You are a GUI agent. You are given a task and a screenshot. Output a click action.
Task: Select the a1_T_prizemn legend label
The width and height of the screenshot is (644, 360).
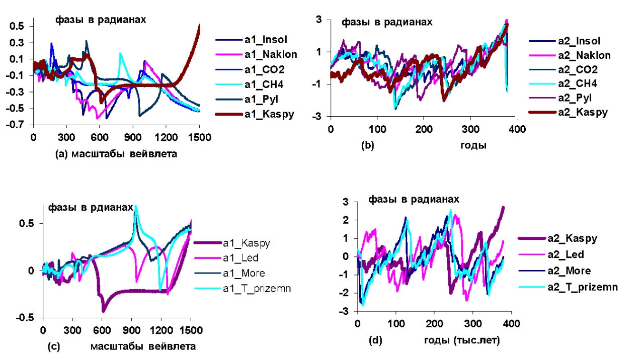point(257,289)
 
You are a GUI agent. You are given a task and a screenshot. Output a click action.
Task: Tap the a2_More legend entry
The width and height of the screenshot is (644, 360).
point(569,271)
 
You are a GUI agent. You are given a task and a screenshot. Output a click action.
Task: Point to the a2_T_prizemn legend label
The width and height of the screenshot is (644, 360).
point(582,287)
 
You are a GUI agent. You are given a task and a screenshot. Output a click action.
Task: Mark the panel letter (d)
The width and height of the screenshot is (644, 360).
point(376,340)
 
